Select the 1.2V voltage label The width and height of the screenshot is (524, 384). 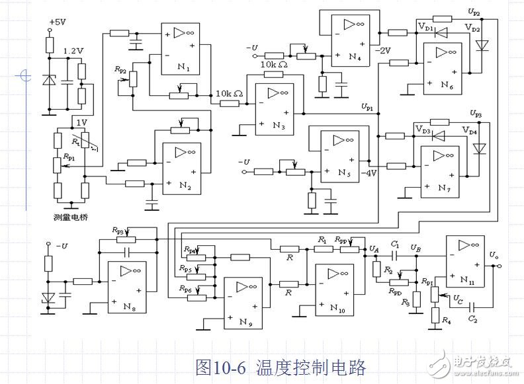click(x=73, y=51)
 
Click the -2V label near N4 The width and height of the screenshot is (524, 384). click(x=384, y=50)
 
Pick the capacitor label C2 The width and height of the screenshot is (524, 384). click(x=471, y=319)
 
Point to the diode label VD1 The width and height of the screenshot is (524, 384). click(x=425, y=28)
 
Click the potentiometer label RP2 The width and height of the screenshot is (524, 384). click(x=120, y=69)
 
